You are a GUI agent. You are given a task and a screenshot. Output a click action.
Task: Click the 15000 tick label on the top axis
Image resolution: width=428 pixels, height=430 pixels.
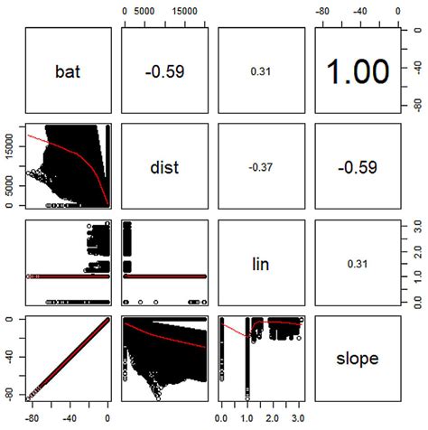tap(184, 10)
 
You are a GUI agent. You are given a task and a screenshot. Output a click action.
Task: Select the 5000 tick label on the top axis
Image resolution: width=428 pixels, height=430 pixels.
tap(147, 10)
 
